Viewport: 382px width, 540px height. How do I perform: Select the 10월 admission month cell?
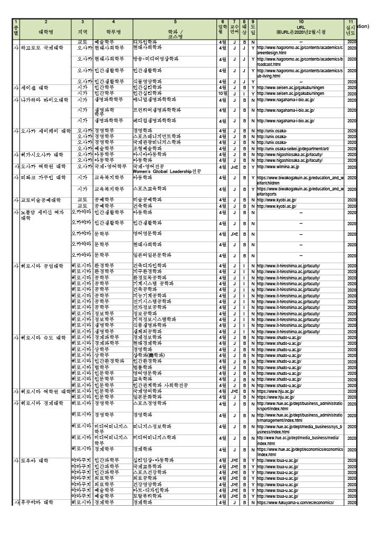tap(223, 93)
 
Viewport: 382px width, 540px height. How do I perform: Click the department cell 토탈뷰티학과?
tap(147, 496)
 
